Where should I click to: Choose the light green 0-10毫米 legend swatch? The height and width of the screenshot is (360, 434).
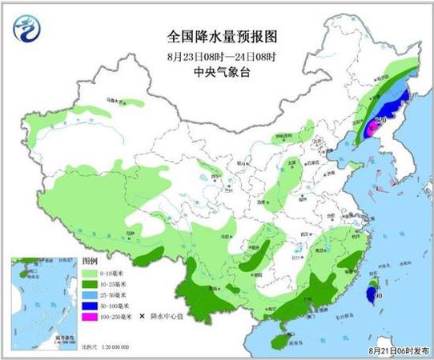[x=90, y=274]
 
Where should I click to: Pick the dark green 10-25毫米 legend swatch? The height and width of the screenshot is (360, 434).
[x=90, y=284]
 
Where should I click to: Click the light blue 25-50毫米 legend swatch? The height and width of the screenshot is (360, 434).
[x=90, y=294]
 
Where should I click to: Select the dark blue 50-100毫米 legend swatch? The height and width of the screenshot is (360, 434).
[x=90, y=305]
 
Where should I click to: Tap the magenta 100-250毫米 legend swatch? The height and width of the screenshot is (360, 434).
[x=90, y=315]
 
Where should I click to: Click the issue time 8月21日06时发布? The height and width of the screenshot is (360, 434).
[x=396, y=350]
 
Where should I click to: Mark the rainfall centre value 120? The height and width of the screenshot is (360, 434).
[x=380, y=121]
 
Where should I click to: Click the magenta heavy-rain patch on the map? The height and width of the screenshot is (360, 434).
[x=372, y=128]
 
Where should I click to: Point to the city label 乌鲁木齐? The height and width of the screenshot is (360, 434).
[x=118, y=102]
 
